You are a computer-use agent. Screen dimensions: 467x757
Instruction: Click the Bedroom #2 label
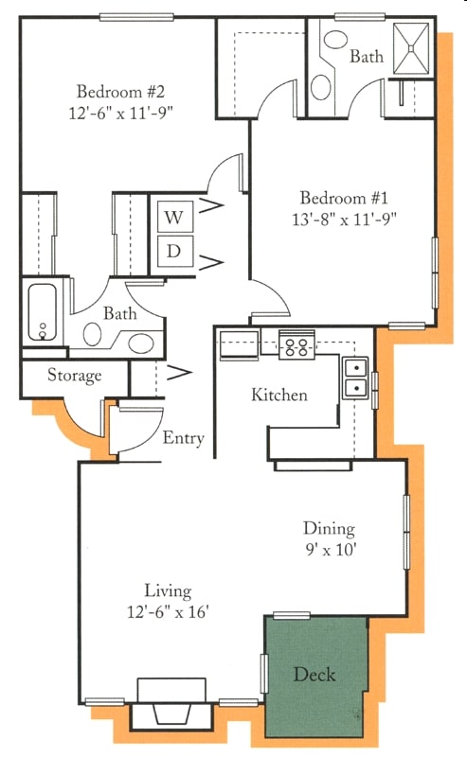[x=121, y=91]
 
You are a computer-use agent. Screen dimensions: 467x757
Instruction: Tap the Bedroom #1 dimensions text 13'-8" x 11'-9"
[x=344, y=220]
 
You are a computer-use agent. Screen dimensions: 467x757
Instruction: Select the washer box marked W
[x=175, y=217]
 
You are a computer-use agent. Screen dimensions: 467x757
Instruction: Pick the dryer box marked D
[x=175, y=252]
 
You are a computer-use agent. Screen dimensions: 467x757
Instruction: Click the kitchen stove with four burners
[x=296, y=344]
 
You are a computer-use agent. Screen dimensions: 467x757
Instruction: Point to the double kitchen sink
[x=355, y=378]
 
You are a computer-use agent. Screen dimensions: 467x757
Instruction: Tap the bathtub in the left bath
[x=42, y=312]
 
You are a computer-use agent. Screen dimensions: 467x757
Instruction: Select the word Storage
[x=75, y=376]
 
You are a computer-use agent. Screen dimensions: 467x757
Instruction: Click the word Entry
[x=183, y=438]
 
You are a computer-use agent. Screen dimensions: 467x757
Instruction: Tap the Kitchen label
[x=279, y=395]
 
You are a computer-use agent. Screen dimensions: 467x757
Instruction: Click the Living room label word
[x=169, y=590]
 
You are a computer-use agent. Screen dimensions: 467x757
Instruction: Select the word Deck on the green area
[x=314, y=675]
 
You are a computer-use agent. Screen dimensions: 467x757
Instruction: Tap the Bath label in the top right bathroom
[x=367, y=57]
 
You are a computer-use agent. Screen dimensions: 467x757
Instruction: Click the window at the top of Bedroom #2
[x=136, y=17]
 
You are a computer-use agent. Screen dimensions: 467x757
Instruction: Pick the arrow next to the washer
[x=211, y=206]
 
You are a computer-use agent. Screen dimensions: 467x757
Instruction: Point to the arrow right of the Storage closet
[x=179, y=372]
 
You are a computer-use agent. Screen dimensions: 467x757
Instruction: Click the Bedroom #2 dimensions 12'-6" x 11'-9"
[x=121, y=114]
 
